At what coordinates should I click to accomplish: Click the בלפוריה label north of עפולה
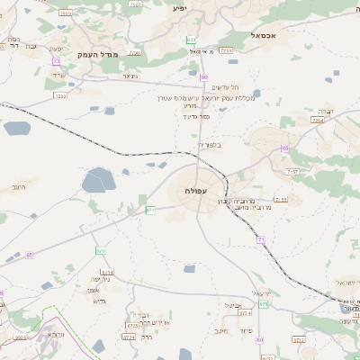coord(208,144)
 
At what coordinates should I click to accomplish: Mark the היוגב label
coord(19,187)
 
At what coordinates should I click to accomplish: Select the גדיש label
coord(99,301)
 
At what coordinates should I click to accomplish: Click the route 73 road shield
coord(57,61)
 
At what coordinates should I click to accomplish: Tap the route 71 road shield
coord(261,238)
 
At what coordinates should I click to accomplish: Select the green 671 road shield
coord(150,210)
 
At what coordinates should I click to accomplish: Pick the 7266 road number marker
coord(226,50)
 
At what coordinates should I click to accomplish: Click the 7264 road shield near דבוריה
coord(317,120)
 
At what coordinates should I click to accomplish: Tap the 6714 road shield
coord(107,272)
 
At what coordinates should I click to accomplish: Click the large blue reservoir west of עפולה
coord(99,183)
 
